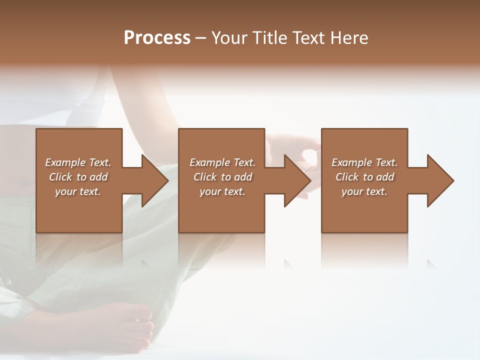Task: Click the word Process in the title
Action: (x=157, y=38)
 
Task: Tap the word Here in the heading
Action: (x=349, y=38)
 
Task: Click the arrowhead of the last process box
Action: (x=439, y=180)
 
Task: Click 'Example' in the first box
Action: (x=65, y=162)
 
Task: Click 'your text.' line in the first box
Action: (x=78, y=191)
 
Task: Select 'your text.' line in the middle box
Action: (x=222, y=191)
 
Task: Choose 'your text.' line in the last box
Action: (x=364, y=191)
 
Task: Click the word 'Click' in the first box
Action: (x=61, y=177)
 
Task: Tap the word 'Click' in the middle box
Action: (x=205, y=177)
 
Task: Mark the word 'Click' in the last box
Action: (x=347, y=177)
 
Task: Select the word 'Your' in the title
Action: (x=228, y=38)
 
